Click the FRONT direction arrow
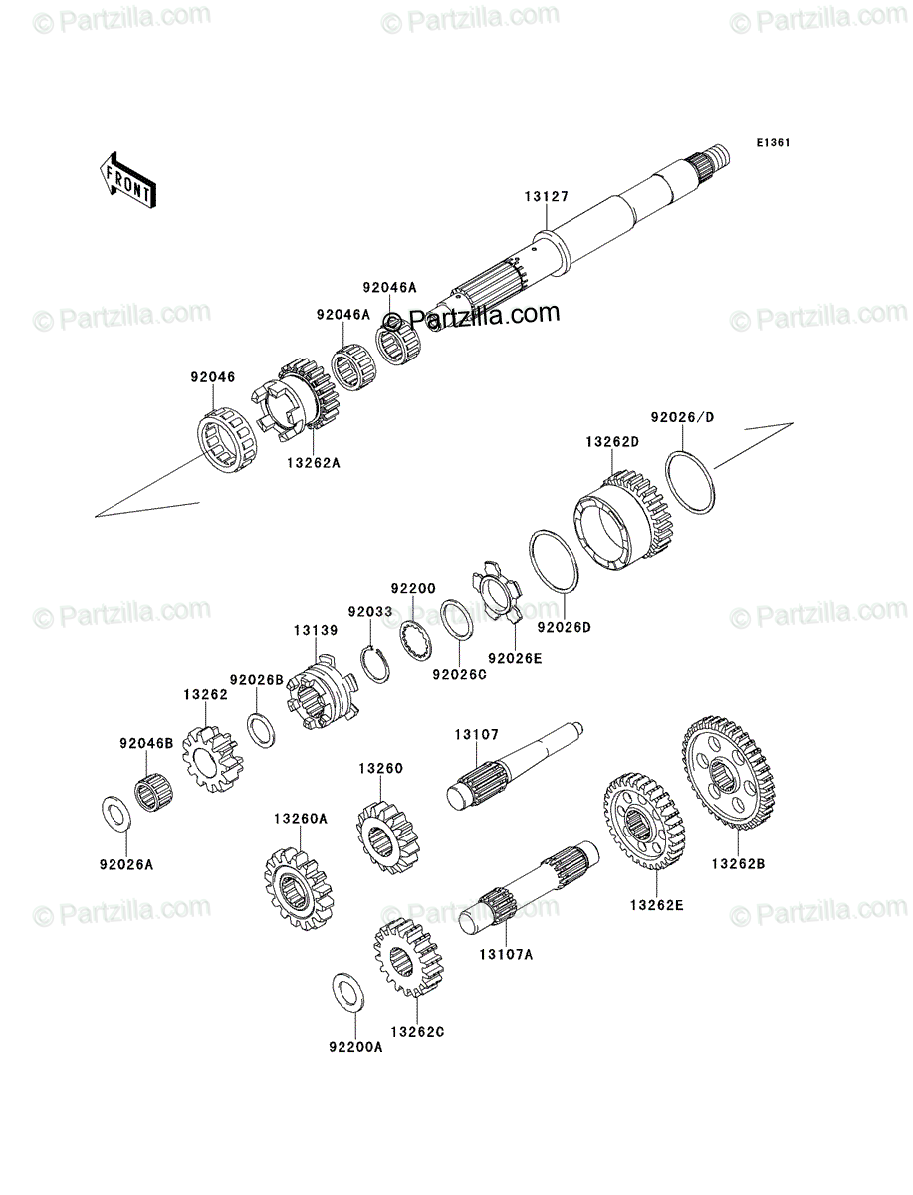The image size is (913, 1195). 127,180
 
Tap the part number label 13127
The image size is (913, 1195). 547,196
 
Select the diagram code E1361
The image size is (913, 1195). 773,143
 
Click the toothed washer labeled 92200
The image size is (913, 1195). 417,643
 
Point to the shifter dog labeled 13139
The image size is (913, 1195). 321,690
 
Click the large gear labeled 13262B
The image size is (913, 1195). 729,773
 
